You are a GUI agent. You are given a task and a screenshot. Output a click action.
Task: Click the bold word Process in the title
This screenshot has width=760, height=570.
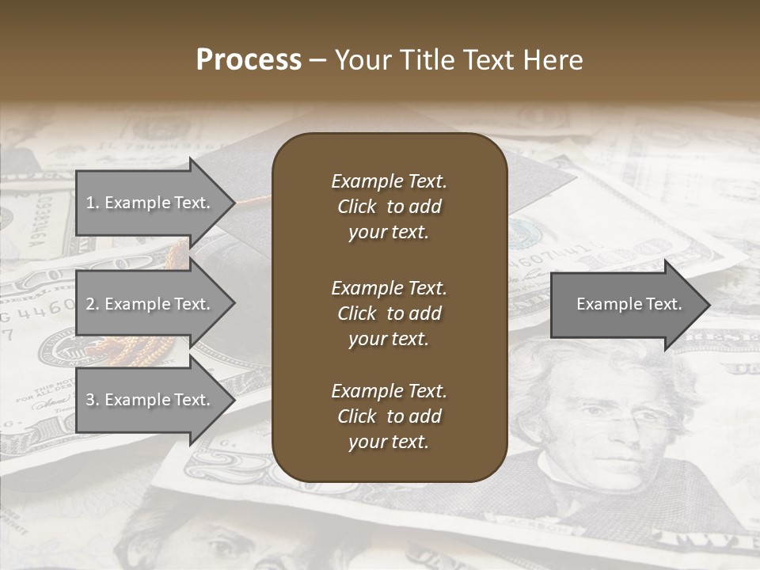[x=249, y=60]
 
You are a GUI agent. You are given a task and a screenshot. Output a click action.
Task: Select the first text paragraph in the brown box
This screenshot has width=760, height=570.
[x=389, y=207]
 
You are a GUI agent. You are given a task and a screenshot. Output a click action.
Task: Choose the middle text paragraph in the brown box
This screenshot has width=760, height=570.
[x=389, y=313]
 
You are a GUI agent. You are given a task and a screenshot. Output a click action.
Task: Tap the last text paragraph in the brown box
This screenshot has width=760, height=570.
[x=389, y=416]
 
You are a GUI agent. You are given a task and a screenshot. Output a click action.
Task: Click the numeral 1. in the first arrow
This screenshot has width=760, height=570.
[x=92, y=203]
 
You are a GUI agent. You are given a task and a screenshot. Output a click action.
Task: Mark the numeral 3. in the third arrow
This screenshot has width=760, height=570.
[x=92, y=400]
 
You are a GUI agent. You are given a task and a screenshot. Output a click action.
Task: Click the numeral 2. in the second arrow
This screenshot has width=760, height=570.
[x=92, y=304]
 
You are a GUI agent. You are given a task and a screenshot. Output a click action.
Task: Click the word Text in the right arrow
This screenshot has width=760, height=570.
[x=664, y=304]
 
